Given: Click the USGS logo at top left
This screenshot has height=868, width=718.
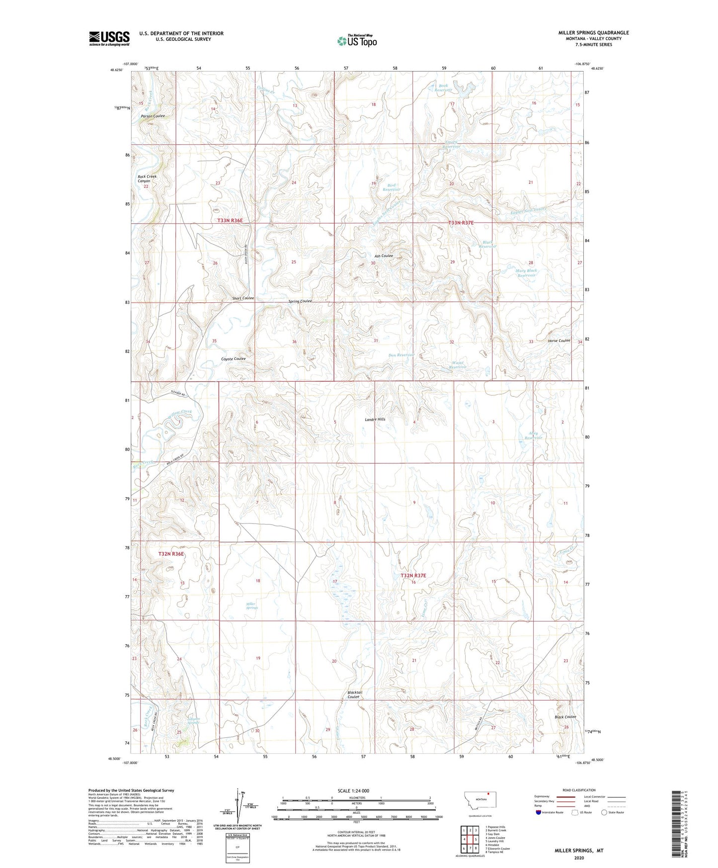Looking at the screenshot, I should [109, 38].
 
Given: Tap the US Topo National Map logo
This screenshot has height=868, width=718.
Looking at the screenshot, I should [357, 41].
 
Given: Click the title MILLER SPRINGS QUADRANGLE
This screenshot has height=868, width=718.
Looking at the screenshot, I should [593, 33].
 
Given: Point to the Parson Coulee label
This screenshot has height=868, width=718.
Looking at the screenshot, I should [153, 116].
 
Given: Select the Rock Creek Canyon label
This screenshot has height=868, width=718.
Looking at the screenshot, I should [147, 179].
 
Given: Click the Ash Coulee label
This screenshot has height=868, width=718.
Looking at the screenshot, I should [384, 256].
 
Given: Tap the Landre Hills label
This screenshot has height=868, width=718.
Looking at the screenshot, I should [375, 420].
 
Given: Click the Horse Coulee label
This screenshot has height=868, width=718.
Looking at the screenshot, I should [559, 341].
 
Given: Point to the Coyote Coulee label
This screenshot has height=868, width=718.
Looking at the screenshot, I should [233, 359].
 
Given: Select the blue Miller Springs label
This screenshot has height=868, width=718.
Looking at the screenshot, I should [252, 606].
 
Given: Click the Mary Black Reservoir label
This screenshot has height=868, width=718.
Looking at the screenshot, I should [527, 273].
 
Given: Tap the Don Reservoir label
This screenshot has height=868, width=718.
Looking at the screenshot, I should [401, 355].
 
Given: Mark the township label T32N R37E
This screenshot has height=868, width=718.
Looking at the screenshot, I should [413, 575].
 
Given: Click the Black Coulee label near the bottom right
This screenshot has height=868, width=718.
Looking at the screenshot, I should [565, 717].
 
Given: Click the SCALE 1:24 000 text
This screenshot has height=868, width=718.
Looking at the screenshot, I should [353, 791].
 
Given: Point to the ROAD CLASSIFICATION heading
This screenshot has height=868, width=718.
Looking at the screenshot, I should [579, 790].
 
